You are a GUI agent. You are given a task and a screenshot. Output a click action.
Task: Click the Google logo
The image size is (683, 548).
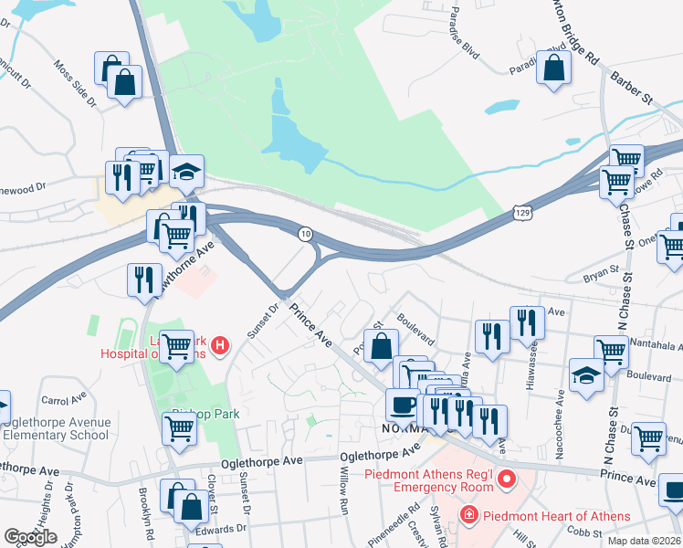click(x=30, y=536)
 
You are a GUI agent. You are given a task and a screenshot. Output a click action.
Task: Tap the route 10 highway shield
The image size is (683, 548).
click(x=306, y=236)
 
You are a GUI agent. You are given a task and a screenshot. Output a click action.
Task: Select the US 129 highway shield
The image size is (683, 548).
click(x=521, y=212)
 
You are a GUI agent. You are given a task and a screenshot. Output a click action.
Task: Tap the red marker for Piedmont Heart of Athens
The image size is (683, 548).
click(x=469, y=515)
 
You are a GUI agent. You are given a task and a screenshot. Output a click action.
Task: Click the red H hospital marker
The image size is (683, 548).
click(x=219, y=346)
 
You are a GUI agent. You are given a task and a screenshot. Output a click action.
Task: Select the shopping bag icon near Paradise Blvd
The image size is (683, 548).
click(x=553, y=68)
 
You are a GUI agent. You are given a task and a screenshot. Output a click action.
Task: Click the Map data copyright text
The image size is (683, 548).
click(x=643, y=541)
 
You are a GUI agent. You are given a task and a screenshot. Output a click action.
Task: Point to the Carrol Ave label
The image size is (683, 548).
click(x=62, y=400)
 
